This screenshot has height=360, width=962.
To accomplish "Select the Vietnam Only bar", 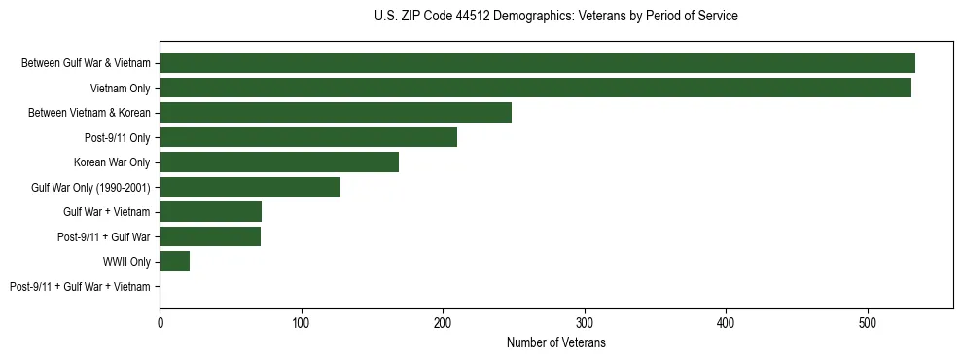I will pos(535,88).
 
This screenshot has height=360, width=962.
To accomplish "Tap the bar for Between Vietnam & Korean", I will pos(336,113).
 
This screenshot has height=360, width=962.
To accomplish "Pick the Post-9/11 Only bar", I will pos(308,137).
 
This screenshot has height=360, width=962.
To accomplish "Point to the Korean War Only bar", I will pos(279,162).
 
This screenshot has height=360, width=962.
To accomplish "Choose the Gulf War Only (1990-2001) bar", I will pos(250,187).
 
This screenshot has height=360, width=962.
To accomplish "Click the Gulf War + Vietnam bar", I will pos(211,211).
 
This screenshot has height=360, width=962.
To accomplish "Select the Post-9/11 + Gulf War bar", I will pos(210,236).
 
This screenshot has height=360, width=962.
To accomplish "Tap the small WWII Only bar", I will pos(175,261).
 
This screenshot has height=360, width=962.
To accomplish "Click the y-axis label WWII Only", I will pos(126,262).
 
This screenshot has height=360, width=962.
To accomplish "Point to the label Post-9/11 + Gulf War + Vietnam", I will pos(80,286).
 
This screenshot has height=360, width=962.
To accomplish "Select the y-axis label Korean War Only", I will pos(112,162).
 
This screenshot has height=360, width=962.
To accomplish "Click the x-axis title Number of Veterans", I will pos(556,342).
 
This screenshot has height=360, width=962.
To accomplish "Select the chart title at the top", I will pos(555,16).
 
